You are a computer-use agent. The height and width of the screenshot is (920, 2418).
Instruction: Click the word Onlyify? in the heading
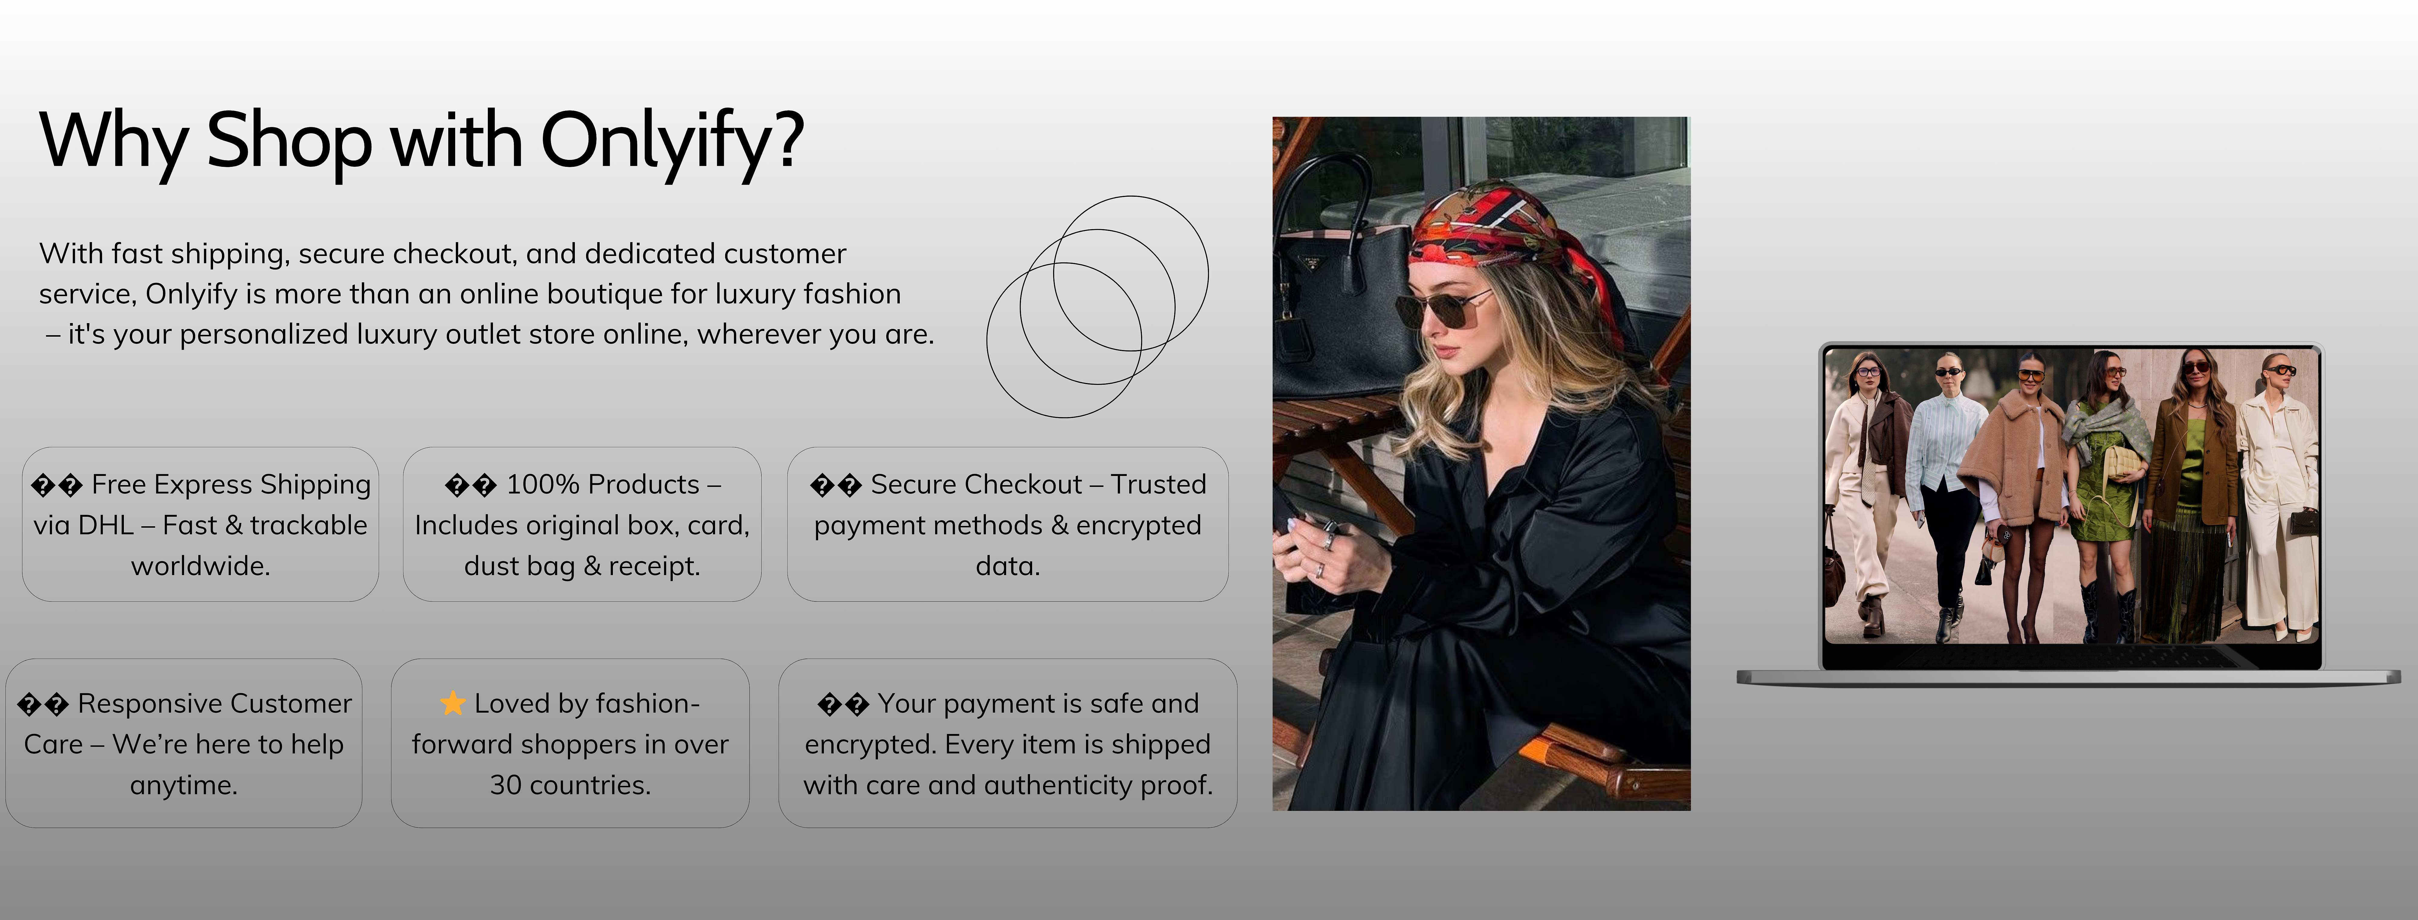(672, 141)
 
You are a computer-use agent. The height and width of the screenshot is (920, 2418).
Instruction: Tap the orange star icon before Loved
(452, 703)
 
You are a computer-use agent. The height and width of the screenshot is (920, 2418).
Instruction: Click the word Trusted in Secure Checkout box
(1158, 484)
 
